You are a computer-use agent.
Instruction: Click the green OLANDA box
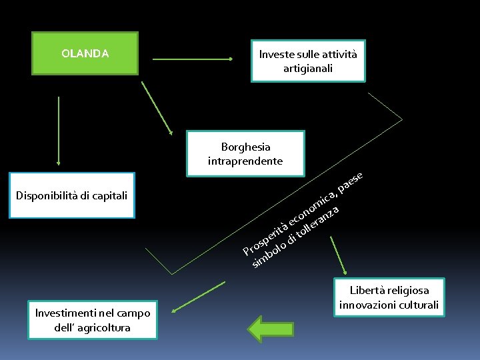[x=85, y=53]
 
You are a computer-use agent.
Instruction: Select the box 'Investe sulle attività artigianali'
[x=307, y=61]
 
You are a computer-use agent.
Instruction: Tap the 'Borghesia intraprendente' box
[x=245, y=154]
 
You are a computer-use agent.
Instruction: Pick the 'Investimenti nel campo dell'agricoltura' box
[x=93, y=320]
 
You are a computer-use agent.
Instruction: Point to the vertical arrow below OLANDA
[x=59, y=130]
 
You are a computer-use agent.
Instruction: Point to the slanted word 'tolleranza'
[x=319, y=223]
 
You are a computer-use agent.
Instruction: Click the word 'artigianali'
[x=307, y=68]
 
